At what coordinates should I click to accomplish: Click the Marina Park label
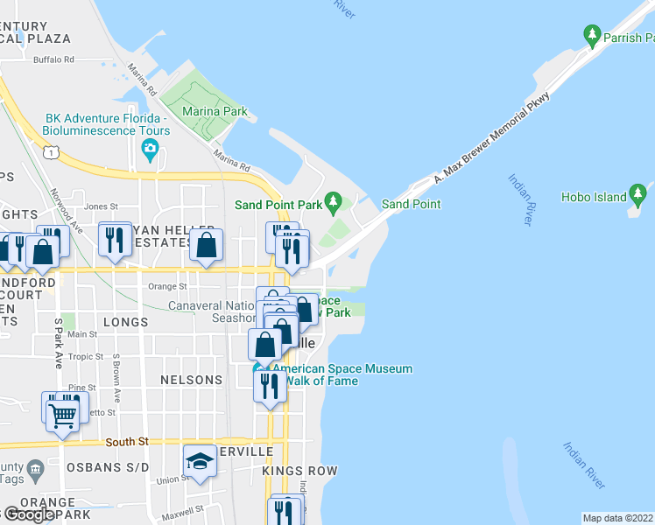click(215, 112)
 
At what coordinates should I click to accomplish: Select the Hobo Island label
click(596, 198)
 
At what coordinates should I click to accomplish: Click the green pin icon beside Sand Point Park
click(333, 203)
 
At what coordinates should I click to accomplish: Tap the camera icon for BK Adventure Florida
click(151, 149)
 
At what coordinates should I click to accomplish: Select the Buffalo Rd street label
click(53, 59)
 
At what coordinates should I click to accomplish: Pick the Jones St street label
click(101, 206)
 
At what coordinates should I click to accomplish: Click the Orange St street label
click(167, 286)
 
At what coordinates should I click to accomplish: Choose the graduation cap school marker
click(200, 461)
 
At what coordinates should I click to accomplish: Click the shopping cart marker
click(63, 415)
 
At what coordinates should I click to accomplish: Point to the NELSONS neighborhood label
click(191, 381)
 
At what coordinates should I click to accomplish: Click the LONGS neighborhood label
click(125, 322)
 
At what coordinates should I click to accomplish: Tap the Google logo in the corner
click(28, 514)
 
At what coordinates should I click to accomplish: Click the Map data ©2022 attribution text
click(618, 518)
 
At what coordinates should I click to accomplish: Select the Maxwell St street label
click(181, 507)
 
